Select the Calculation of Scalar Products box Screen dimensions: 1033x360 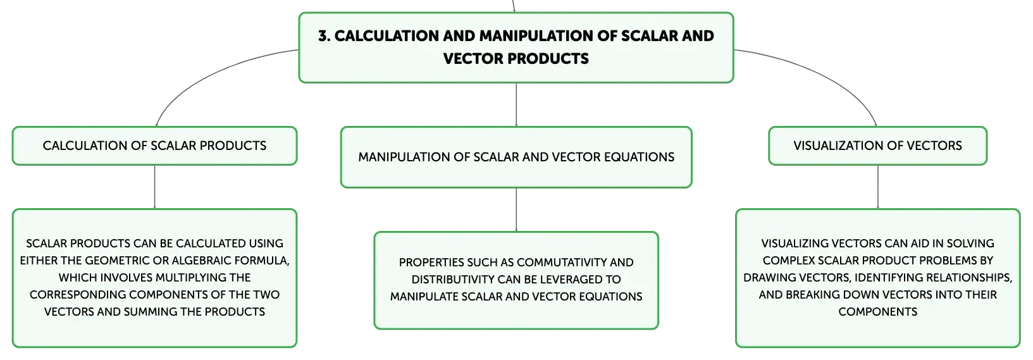(154, 146)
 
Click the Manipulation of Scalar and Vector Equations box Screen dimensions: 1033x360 (516, 157)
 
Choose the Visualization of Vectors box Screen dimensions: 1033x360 (877, 146)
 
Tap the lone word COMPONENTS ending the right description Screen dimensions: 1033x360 (877, 312)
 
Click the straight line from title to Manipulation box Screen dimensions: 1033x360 (516, 104)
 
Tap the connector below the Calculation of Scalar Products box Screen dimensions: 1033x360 (154, 187)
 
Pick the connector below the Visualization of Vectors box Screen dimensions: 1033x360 (877, 187)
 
